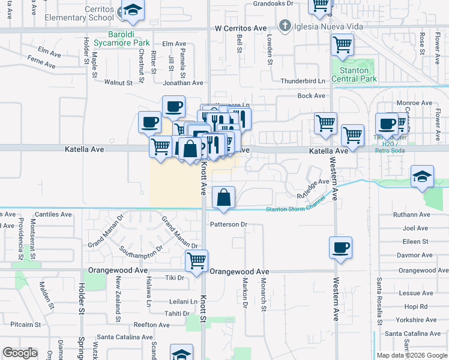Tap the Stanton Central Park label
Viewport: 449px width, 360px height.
pos(354,74)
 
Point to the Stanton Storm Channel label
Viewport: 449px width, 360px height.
pos(297,209)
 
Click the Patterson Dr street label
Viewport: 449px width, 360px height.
pos(228,224)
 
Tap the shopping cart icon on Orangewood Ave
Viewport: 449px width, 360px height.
pos(196,261)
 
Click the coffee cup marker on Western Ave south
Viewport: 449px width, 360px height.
pos(341,247)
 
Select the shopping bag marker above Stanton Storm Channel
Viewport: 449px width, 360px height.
pos(223,198)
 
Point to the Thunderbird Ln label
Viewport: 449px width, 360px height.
pos(303,81)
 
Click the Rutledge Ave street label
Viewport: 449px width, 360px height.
pos(313,187)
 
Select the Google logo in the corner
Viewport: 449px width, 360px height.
pos(20,353)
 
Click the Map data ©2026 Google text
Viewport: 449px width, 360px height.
pos(411,355)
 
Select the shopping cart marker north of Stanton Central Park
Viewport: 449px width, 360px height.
pos(342,44)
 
